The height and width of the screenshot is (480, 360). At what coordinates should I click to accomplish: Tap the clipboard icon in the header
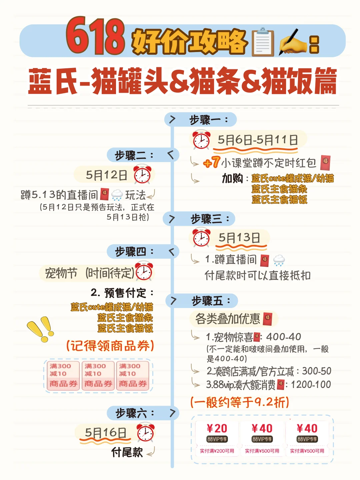tap(263, 42)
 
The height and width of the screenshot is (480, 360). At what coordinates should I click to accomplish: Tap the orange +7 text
tap(211, 163)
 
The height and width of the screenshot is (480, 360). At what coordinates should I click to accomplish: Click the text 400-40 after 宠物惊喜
tap(283, 337)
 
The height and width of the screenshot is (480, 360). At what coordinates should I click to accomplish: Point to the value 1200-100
tap(311, 385)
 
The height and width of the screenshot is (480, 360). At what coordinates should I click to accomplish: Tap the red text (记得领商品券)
tap(110, 346)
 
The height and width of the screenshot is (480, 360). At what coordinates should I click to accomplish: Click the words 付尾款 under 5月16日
tap(127, 452)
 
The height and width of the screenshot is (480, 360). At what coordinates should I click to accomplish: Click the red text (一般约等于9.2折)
tap(239, 402)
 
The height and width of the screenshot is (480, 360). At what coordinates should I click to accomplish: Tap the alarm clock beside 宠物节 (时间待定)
tap(144, 271)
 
